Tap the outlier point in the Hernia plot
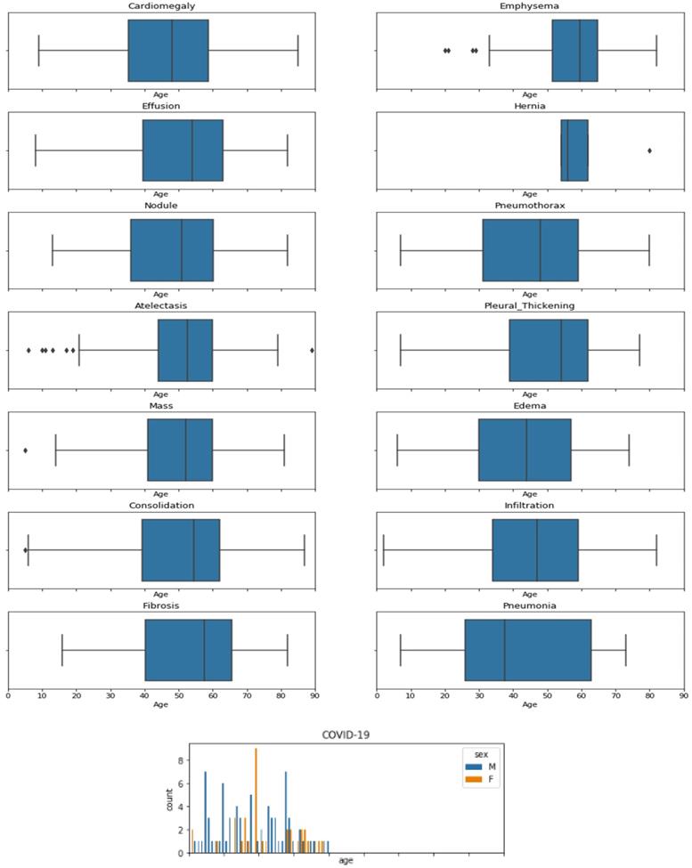(x=649, y=150)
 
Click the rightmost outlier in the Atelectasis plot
(x=312, y=350)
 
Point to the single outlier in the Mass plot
(x=25, y=450)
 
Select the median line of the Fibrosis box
(x=204, y=650)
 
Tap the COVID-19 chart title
(x=346, y=734)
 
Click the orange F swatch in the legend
(x=468, y=779)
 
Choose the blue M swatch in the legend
(x=468, y=766)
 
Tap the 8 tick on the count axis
(x=181, y=760)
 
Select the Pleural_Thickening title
(x=529, y=305)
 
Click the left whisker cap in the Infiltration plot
(x=384, y=550)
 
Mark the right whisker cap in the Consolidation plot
(x=305, y=550)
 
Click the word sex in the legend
(x=481, y=753)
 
